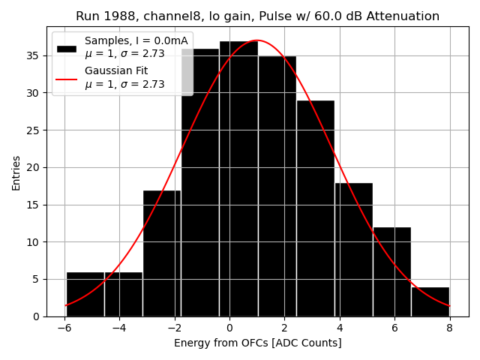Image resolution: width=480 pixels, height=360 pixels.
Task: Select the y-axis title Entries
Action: [16, 172]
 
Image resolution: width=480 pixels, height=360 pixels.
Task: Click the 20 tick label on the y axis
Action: [34, 167]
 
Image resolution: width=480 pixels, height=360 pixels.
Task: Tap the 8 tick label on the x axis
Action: [449, 327]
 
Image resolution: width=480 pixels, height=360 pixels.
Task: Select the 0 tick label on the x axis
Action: [229, 327]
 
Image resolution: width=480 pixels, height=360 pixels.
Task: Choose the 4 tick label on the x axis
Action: [339, 327]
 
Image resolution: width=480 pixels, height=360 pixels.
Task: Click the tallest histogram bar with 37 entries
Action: [238, 180]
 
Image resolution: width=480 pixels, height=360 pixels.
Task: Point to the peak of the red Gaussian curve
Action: [256, 40]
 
